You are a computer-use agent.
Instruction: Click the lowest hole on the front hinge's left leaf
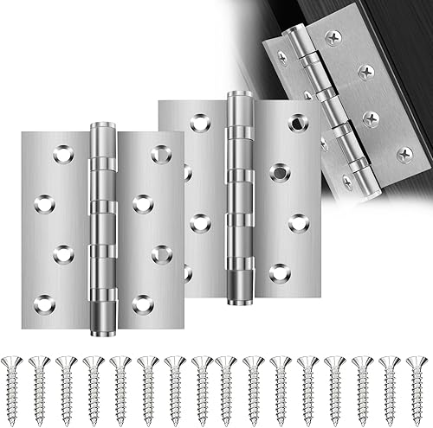point(44,303)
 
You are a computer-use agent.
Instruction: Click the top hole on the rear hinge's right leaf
point(299,123)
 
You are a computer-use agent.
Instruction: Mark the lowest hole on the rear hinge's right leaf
point(279,273)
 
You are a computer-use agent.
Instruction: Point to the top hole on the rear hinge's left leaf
point(200,123)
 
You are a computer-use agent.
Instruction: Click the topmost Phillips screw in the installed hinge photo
point(333,37)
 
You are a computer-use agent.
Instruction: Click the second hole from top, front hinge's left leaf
point(44,204)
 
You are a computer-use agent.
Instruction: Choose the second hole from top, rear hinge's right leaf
point(279,172)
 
